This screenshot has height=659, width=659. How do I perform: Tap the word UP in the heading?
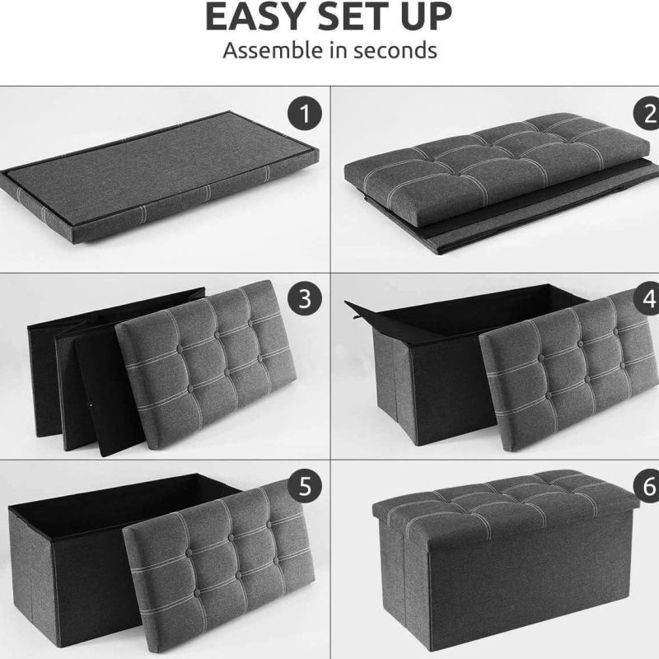pyautogui.click(x=426, y=16)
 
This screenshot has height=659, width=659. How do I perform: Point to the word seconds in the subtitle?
pyautogui.click(x=395, y=50)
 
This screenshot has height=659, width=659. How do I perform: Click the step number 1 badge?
pyautogui.click(x=305, y=114)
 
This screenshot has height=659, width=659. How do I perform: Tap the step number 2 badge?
pyautogui.click(x=647, y=114)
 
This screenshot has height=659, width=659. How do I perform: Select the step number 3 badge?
pyautogui.click(x=305, y=299)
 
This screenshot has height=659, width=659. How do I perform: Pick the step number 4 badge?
pyautogui.click(x=647, y=299)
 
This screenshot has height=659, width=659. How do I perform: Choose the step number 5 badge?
pyautogui.click(x=305, y=486)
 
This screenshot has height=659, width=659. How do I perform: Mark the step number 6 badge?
pyautogui.click(x=647, y=486)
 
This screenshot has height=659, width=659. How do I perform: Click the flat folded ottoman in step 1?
pyautogui.click(x=160, y=179)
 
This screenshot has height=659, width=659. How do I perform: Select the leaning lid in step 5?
pyautogui.click(x=218, y=563)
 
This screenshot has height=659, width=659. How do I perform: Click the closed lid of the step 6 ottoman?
pyautogui.click(x=504, y=504)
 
